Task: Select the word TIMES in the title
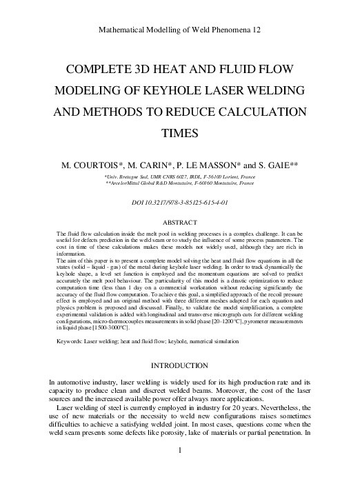tap(180, 134)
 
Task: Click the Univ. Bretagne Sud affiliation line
tap(179, 177)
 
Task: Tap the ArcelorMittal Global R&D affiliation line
tap(179, 184)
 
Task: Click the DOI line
tap(179, 202)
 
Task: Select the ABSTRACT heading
tap(179, 222)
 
